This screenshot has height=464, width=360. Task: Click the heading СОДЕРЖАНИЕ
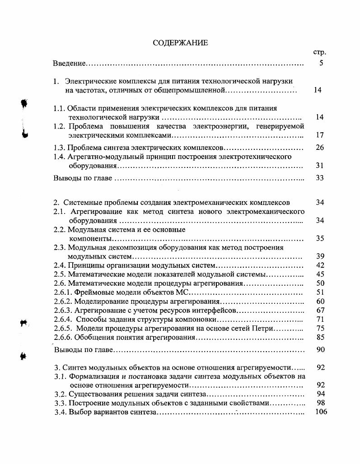(180, 43)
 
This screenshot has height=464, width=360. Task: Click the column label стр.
(319, 52)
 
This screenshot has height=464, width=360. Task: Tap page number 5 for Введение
(321, 63)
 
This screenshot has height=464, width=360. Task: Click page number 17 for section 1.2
(320, 135)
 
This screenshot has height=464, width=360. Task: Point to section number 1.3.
(60, 148)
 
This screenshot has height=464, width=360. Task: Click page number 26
(320, 148)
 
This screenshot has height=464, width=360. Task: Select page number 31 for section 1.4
(320, 166)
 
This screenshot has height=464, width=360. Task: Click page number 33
(320, 178)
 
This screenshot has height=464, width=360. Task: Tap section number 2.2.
(60, 229)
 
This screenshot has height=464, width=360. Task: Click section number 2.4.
(60, 265)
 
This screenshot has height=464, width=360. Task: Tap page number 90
(320, 350)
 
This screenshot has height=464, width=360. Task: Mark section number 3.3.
(61, 403)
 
